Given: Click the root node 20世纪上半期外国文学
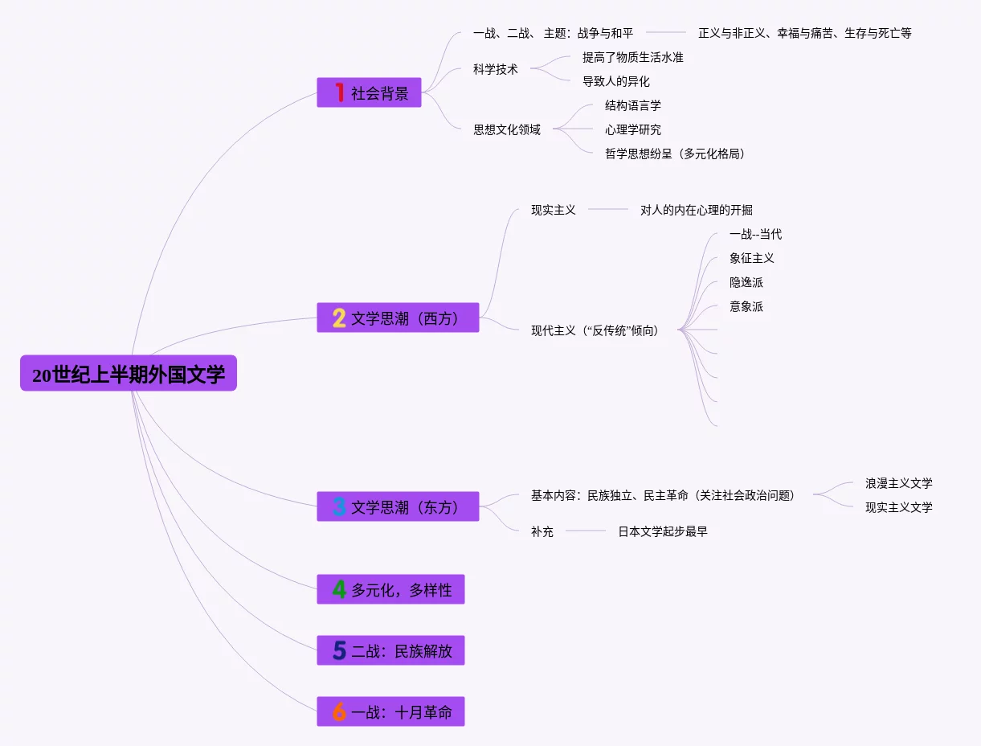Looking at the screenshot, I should pos(129,374).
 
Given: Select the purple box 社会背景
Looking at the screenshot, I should pos(369,92).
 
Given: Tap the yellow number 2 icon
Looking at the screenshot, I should pos(339,318).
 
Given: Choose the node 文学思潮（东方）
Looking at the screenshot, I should pos(398,507).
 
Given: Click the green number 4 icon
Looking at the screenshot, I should pos(339,589).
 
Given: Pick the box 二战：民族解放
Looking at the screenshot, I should pos(390,650).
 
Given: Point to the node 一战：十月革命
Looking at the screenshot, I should pos(390,711).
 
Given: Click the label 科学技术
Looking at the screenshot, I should pos(496,69).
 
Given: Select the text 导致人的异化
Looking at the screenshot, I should pos(616,81).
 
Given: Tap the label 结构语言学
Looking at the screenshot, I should pos(633,105).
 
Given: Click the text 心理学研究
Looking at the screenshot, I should pos(633,129).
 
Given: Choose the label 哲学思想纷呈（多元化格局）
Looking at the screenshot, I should pos(675,154).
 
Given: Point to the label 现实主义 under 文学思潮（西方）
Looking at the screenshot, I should pos(554,210).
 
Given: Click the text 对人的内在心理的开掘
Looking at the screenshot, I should pos(697,210).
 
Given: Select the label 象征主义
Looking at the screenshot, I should pos(752,258).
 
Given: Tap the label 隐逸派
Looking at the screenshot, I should pos(746,282).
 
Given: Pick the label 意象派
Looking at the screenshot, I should pos(746,306).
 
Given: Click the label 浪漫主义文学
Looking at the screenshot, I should pos(899,483).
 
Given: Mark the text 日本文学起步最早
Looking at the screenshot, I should pos(663,531).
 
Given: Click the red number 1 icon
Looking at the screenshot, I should pos(340,92).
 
